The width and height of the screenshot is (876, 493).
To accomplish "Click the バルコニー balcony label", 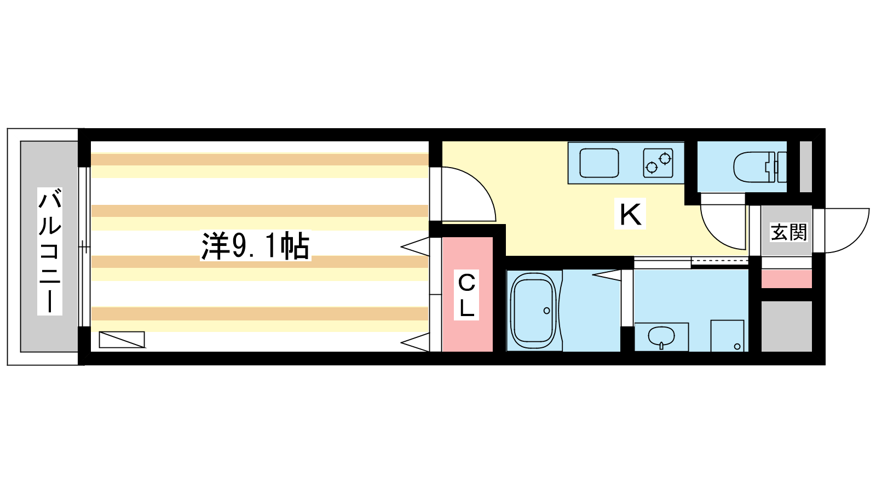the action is point(50,251).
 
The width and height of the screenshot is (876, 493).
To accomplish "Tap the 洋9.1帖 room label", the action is point(255,246).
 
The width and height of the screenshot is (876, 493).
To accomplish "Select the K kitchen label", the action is point(630,214).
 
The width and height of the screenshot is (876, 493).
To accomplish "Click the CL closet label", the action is point(466,295).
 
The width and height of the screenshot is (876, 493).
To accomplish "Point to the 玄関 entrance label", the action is point(788,232).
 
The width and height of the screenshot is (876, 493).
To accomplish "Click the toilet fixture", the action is point(760,167).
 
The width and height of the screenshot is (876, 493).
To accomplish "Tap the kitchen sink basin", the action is point(599,163).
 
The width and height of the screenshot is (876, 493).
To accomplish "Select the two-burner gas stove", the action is point(658,163).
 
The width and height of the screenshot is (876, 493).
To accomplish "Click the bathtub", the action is point(534,311).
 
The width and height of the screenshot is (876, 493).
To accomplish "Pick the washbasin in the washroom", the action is point(661,336).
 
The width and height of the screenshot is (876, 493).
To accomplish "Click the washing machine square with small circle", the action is point(728,336).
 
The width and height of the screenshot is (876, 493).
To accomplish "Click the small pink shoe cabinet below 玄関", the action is point(786,279).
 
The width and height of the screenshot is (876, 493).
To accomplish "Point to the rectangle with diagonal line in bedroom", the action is point(122,340).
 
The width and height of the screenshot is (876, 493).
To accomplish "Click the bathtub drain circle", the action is point(547,311).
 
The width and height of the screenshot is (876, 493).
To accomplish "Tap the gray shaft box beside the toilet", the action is point(805,167).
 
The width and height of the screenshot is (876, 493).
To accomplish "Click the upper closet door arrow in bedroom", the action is point(415,246).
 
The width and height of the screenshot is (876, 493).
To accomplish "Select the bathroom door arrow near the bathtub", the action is point(607,275).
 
